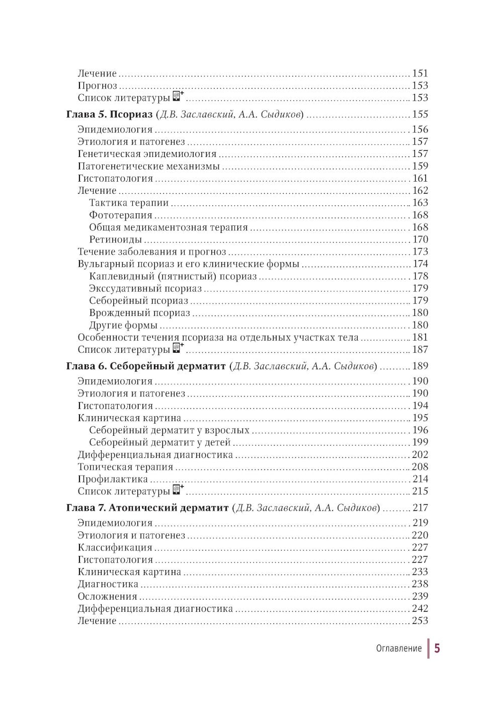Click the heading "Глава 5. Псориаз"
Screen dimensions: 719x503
click(109, 115)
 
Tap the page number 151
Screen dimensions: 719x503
click(420, 73)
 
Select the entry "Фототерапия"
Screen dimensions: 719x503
click(121, 215)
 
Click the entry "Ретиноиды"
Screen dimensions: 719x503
click(115, 240)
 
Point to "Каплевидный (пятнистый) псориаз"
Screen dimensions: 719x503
click(173, 277)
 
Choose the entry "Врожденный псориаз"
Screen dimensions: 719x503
click(139, 313)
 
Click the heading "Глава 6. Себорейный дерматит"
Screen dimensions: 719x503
click(146, 366)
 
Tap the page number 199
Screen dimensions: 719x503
click(420, 442)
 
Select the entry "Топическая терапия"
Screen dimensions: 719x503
click(125, 467)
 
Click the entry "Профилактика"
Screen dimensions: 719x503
click(113, 480)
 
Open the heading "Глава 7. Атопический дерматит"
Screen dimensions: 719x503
click(147, 508)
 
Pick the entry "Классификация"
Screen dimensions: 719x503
click(115, 548)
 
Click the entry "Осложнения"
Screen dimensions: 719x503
click(107, 597)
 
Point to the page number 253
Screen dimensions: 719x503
click(420, 621)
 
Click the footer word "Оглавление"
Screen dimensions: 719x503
click(398, 649)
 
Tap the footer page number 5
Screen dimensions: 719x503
click(437, 648)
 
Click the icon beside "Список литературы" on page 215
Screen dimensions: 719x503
click(177, 490)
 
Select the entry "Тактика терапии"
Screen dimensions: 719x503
click(129, 203)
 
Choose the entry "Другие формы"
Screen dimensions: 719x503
click(123, 326)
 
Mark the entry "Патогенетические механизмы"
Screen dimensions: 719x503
click(148, 167)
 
